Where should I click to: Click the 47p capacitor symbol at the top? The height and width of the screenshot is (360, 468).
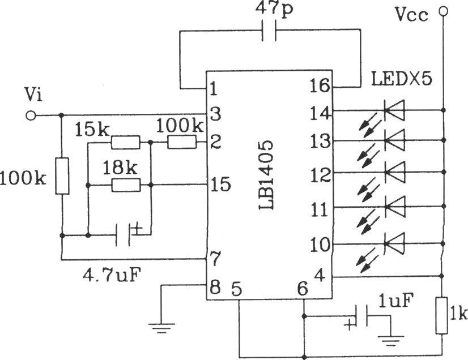pos(269,30)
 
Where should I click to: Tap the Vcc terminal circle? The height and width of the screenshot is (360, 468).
pos(443,11)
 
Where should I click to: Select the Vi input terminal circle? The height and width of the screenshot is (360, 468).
pos(31,115)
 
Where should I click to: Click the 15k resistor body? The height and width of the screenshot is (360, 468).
pos(125,142)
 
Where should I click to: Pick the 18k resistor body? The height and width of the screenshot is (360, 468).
pos(126,185)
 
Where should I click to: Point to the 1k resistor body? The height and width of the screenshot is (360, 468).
pos(441,315)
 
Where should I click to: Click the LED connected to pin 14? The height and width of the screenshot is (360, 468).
pos(394,110)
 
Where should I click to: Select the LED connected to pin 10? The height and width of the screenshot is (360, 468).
pos(394,243)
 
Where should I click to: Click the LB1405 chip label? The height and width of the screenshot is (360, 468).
pos(266,175)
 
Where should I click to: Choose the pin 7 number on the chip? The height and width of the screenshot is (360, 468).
pos(215,259)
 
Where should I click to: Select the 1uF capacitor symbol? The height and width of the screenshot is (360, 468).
pos(361,316)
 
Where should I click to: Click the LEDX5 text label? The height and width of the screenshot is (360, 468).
pos(402,79)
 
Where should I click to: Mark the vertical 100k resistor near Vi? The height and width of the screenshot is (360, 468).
pos(62,176)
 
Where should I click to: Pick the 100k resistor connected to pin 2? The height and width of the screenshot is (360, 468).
pos(182,142)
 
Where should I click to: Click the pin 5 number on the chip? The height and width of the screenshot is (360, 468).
pos(237,289)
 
